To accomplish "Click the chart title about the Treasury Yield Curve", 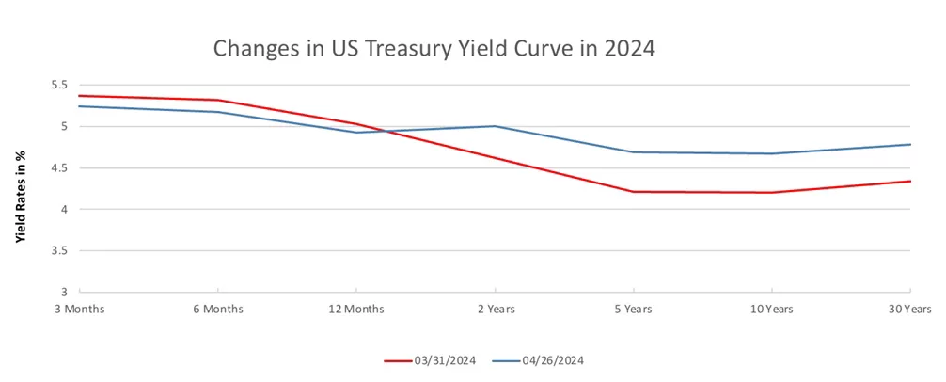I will click(433, 48).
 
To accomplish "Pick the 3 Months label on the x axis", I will click(80, 309).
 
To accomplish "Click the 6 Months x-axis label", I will click(218, 309).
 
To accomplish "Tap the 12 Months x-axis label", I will click(356, 309).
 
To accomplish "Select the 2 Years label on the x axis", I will click(495, 309).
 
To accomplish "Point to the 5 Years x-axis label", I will click(633, 309).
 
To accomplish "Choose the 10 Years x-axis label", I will click(771, 309).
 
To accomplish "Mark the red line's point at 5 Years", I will click(633, 192).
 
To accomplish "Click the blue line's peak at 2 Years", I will click(495, 126).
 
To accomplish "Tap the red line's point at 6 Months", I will click(218, 100).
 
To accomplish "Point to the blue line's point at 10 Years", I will click(771, 153).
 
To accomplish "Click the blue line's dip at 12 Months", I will click(356, 132).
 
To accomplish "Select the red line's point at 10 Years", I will click(771, 193).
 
